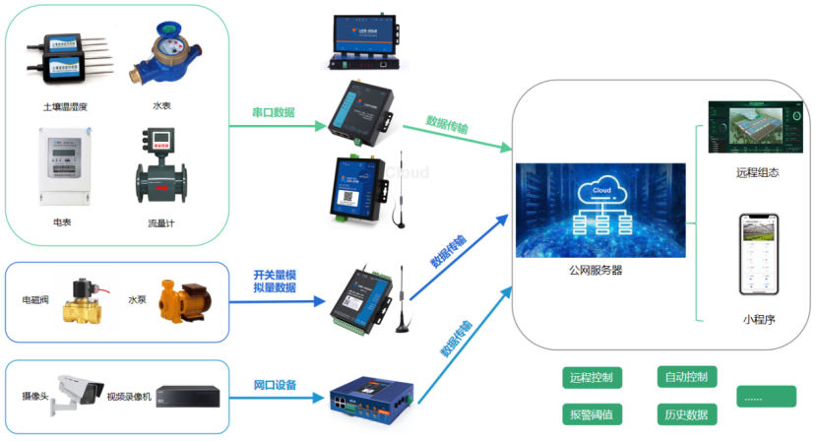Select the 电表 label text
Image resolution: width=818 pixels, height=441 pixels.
[61, 222]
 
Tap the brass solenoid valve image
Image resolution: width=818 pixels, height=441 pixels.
[85, 299]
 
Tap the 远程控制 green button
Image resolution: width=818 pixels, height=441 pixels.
[591, 378]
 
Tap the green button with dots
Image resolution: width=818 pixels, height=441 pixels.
[766, 397]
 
